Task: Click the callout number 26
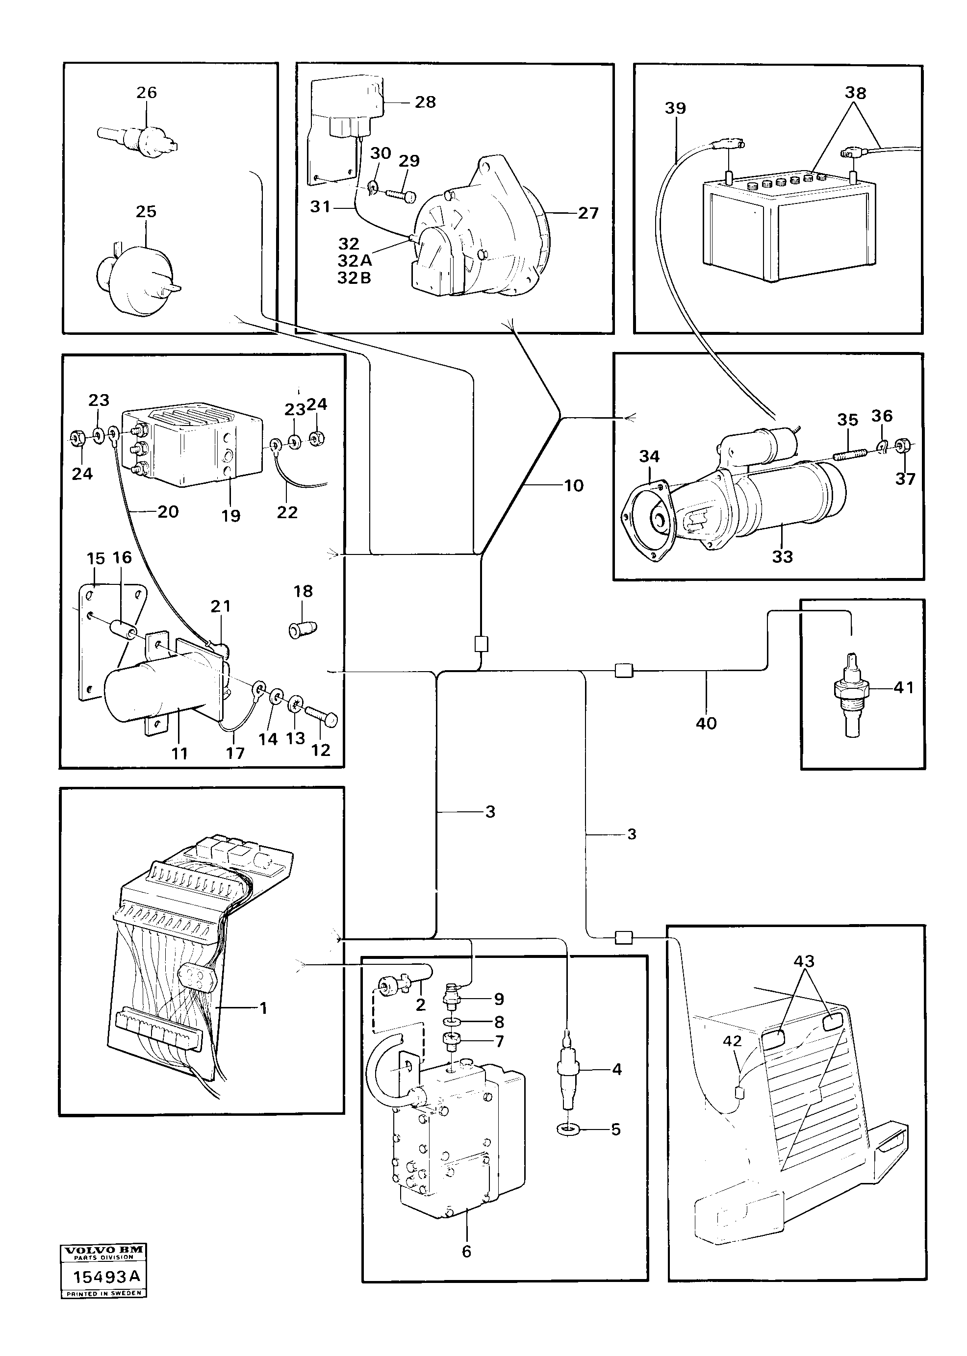[x=147, y=93]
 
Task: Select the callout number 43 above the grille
[x=804, y=961]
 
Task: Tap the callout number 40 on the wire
[x=706, y=724]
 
